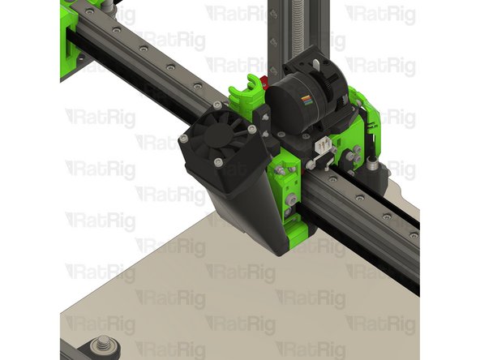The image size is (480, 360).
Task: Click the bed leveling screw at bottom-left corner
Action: click(x=103, y=344)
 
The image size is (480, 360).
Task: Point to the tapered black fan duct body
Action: click(x=239, y=203)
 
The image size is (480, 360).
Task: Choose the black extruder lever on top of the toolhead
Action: click(x=313, y=62)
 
